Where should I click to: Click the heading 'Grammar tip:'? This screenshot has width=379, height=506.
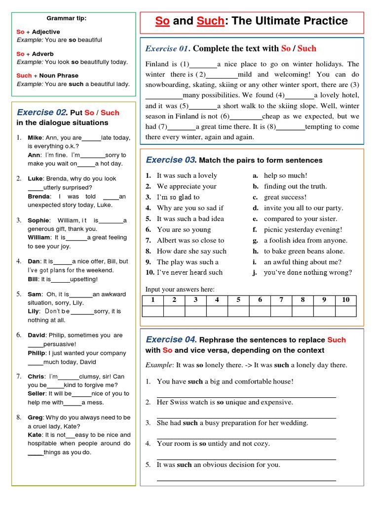[x=67, y=18]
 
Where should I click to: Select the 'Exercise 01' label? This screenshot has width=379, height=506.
[x=167, y=48]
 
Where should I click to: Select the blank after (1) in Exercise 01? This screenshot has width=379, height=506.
[x=203, y=65]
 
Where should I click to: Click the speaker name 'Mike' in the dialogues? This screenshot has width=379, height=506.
[x=35, y=138]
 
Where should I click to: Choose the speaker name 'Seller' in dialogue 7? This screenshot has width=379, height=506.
[x=37, y=394]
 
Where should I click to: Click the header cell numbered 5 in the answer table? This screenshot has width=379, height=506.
[x=238, y=299]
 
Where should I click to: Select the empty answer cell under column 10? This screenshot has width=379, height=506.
[x=345, y=311]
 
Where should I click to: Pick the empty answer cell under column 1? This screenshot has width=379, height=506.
[x=153, y=311]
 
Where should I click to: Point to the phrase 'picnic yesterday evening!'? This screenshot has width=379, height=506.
[x=303, y=230]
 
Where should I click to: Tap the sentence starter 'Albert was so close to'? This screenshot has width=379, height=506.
[x=190, y=241]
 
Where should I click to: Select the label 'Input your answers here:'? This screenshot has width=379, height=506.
[x=180, y=290]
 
